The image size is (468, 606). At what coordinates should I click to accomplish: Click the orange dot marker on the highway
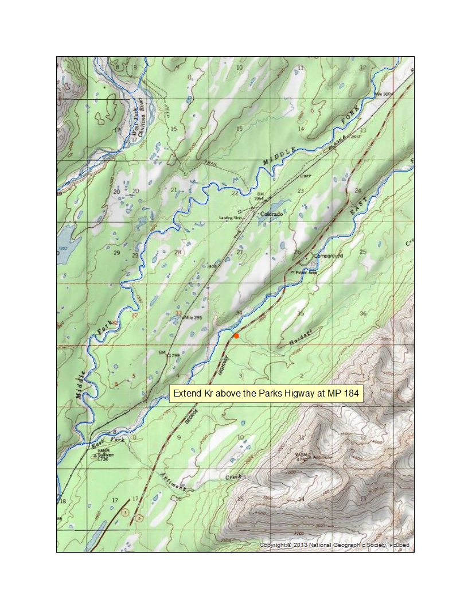pyautogui.click(x=236, y=335)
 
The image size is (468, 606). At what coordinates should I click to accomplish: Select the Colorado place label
pyautogui.click(x=271, y=214)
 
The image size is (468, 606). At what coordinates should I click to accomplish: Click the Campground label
pyautogui.click(x=328, y=255)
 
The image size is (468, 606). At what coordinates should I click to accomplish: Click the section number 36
pyautogui.click(x=362, y=313)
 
